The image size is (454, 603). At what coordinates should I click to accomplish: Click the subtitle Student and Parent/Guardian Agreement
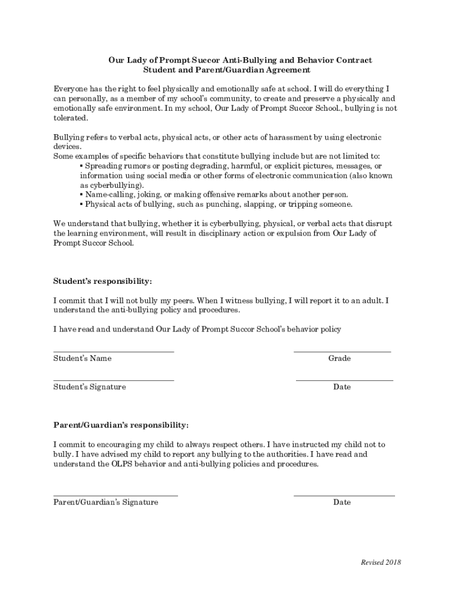[x=227, y=70]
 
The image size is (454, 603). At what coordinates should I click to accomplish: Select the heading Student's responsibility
[x=103, y=281]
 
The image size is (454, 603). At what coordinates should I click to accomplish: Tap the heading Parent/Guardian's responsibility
[x=121, y=425]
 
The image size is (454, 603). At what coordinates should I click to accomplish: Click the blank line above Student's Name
[x=114, y=351]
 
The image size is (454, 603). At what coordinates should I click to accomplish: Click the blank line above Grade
[x=342, y=351]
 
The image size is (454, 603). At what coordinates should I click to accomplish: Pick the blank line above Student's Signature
[x=114, y=380]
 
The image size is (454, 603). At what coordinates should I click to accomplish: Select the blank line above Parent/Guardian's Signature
[x=116, y=495]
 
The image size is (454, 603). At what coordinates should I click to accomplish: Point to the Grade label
[x=340, y=359]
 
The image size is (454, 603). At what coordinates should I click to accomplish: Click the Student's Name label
[x=83, y=359]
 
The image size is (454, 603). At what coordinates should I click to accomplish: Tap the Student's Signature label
[x=90, y=387]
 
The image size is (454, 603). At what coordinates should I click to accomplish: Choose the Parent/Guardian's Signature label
[x=106, y=502]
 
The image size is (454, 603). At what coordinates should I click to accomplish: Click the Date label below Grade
[x=342, y=387]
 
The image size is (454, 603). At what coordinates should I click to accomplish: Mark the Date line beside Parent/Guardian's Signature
[x=344, y=495]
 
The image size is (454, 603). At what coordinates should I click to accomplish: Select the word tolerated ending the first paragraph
[x=70, y=118]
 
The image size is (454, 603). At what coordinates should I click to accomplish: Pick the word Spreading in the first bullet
[x=104, y=166]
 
